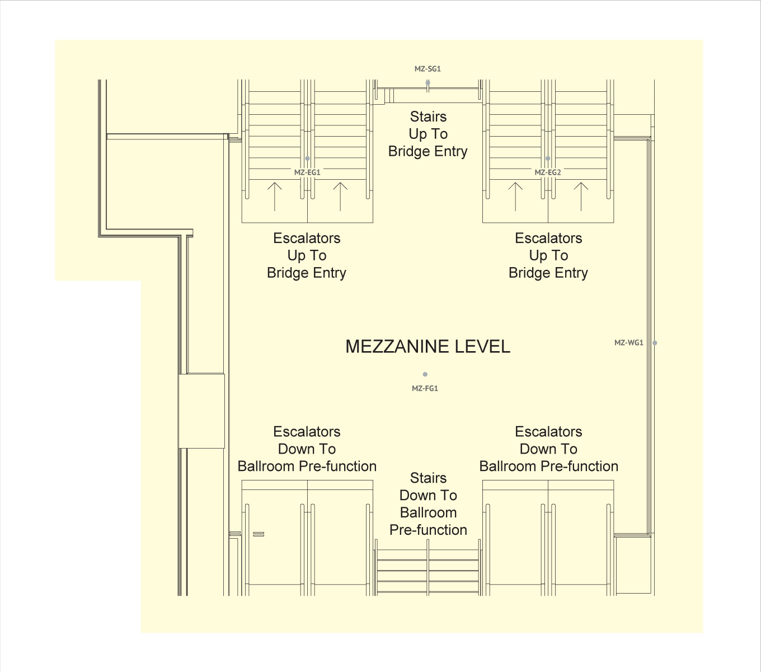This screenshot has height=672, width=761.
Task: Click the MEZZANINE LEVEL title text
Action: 428,347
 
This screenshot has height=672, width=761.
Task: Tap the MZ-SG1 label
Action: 428,69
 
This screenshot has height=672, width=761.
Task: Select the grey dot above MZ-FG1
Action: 425,374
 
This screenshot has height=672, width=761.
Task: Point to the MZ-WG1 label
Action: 628,343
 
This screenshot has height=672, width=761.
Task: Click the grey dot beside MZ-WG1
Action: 655,343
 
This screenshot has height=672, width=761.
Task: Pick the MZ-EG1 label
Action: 307,172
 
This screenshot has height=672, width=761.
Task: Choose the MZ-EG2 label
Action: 548,172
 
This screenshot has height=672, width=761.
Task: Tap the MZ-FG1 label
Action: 425,388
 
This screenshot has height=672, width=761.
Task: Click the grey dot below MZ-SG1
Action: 428,83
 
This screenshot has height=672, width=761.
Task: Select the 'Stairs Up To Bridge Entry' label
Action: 428,134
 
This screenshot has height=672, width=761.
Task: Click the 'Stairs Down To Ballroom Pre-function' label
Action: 428,504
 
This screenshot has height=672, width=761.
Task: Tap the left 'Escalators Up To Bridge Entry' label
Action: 307,255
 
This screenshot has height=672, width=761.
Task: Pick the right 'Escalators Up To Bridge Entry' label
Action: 548,255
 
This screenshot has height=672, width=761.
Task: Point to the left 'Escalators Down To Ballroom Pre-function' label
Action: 307,449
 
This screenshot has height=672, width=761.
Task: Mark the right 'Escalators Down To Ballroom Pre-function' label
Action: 548,449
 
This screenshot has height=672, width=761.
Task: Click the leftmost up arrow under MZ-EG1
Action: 274,196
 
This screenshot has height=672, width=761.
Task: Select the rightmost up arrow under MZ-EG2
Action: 581,196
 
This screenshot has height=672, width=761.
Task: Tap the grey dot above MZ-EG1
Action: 307,158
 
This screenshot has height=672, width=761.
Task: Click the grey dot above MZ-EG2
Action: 548,158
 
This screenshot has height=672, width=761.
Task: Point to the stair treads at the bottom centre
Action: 428,571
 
